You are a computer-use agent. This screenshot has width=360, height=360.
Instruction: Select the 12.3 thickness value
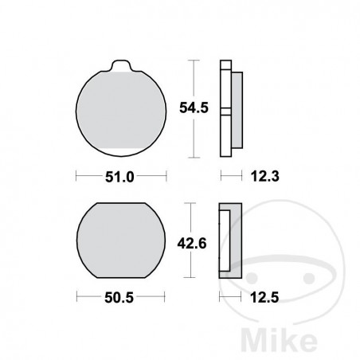point(256,174)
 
